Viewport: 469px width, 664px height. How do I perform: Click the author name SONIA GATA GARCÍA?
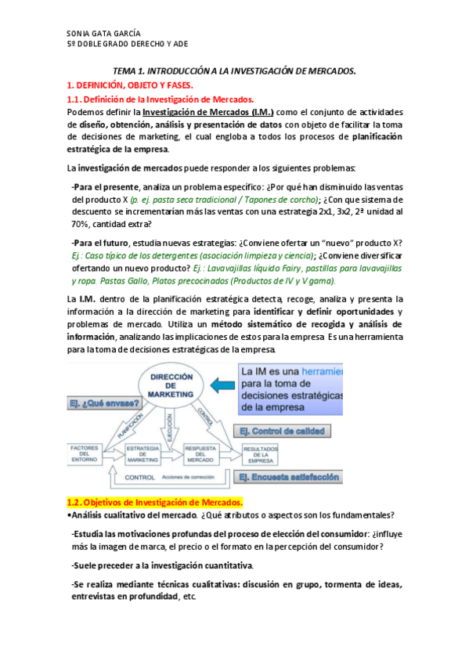(103, 34)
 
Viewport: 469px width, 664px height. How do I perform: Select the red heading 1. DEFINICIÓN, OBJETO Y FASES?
(129, 85)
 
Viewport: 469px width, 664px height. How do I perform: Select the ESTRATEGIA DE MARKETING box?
(143, 455)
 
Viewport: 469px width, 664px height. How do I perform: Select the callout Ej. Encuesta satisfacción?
(289, 476)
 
